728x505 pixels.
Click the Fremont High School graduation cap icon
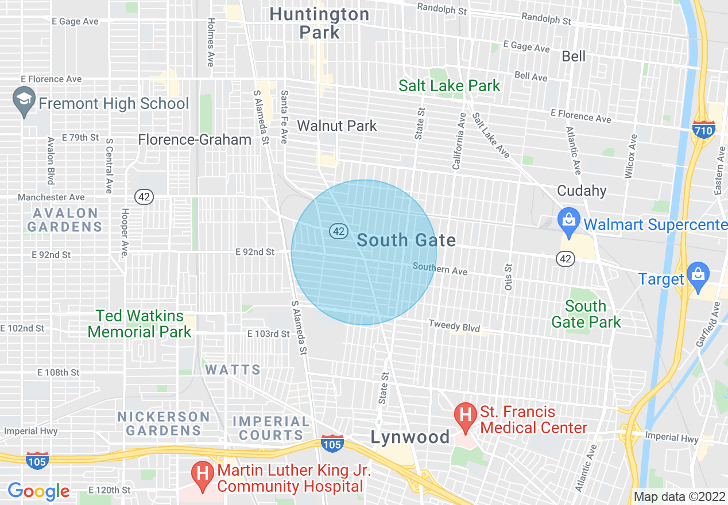pos(24,101)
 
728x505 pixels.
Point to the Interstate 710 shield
pos(703,130)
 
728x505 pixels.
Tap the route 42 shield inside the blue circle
pos(339,231)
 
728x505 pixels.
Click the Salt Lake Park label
pos(450,86)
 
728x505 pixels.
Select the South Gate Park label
pos(586,314)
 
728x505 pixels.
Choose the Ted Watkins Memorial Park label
pos(140,324)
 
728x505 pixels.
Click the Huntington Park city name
pos(319,23)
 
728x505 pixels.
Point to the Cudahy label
pos(582,191)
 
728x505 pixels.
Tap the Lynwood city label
pos(410,437)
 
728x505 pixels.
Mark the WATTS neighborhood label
pos(233,370)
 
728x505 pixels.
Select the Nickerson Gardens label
pos(164,423)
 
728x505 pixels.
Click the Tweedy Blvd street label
pos(454,326)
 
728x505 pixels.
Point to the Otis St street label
pos(508,277)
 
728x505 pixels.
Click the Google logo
pos(38,491)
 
